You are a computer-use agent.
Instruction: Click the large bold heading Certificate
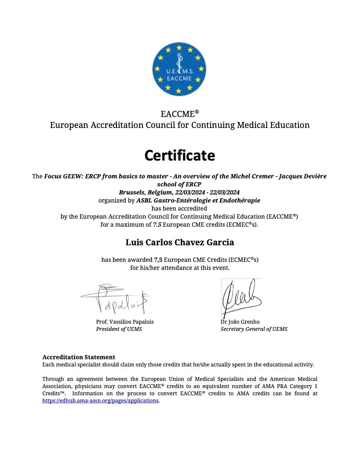(x=180, y=155)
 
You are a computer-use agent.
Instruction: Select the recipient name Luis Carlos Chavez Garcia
(x=180, y=242)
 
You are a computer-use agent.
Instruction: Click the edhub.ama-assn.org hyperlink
(x=100, y=400)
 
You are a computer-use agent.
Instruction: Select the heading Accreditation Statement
(x=79, y=357)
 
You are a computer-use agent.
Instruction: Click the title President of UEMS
(x=119, y=329)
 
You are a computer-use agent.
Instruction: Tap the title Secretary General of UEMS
(x=254, y=329)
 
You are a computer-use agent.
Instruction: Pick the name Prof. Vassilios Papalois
(x=125, y=322)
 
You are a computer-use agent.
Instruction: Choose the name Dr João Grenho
(x=240, y=322)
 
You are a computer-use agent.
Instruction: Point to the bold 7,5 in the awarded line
(x=158, y=259)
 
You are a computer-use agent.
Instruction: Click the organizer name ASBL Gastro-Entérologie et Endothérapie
(x=198, y=200)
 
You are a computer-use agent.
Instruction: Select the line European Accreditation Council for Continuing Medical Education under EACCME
(x=180, y=125)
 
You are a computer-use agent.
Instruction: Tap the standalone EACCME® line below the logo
(x=180, y=114)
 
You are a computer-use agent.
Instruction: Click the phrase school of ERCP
(x=180, y=184)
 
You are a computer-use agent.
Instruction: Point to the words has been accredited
(x=180, y=208)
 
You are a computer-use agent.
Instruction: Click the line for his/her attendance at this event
(x=180, y=268)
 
